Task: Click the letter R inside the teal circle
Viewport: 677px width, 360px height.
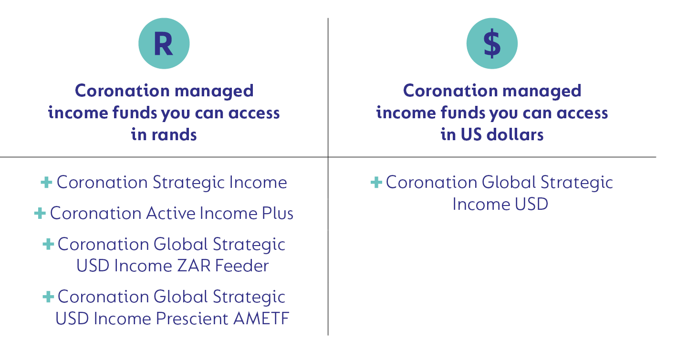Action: [x=163, y=44]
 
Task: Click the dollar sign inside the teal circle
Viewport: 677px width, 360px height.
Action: [x=492, y=43]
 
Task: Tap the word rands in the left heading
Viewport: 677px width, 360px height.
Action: [x=174, y=134]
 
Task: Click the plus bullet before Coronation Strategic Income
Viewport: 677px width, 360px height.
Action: [x=46, y=182]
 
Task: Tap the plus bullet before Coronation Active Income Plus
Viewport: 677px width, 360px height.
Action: [x=40, y=213]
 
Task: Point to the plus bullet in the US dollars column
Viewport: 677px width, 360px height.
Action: [x=376, y=182]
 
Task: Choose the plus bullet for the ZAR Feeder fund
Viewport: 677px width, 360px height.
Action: [x=48, y=244]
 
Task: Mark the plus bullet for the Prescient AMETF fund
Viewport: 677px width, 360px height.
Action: [x=48, y=297]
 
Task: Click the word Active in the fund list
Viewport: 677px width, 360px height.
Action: [x=171, y=213]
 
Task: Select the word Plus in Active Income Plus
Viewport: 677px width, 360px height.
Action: [x=278, y=213]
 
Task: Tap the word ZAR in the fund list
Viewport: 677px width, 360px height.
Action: [x=194, y=266]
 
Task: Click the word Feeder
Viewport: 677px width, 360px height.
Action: [x=242, y=266]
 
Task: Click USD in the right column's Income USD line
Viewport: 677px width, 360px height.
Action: [x=531, y=204]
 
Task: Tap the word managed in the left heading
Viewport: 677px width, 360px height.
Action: [x=214, y=91]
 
